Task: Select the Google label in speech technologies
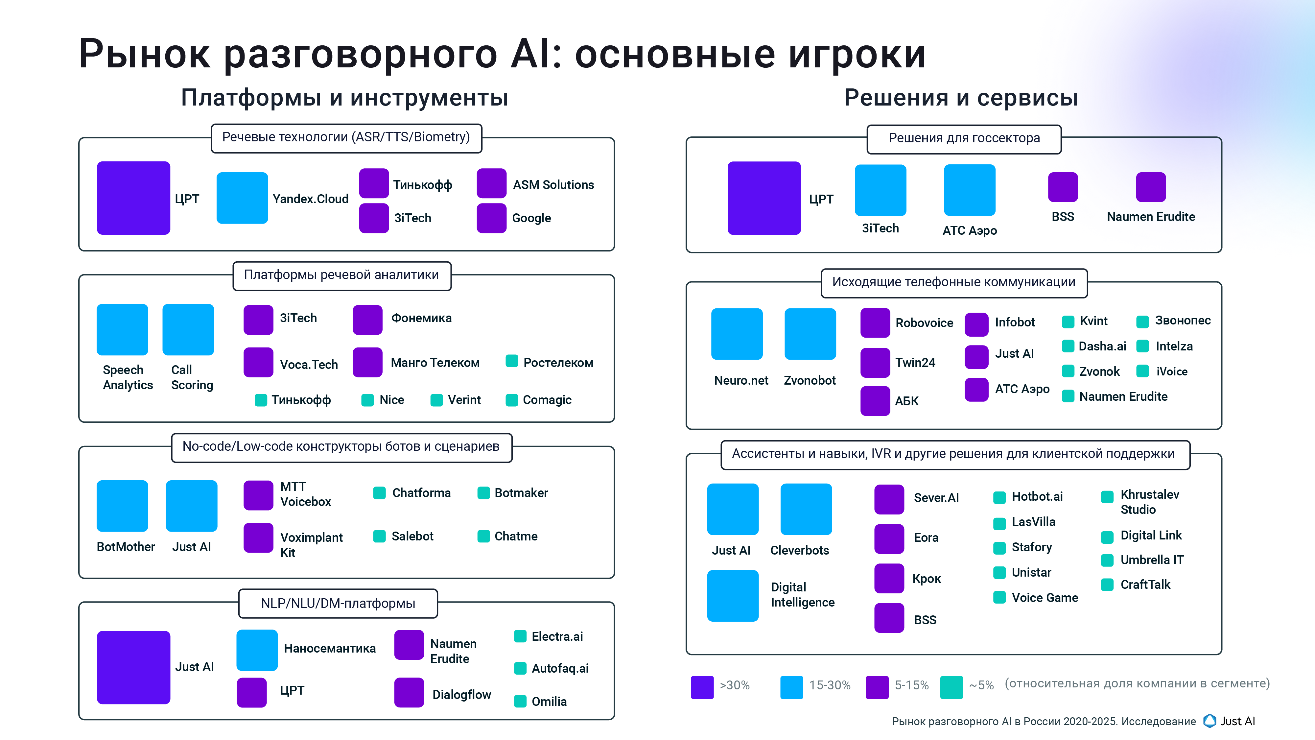click(531, 218)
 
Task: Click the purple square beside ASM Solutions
click(491, 183)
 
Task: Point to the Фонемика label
click(421, 318)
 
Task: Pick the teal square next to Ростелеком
click(511, 361)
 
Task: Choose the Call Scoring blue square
click(188, 329)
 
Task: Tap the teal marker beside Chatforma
click(379, 493)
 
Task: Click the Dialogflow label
click(461, 695)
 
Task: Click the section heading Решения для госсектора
click(964, 138)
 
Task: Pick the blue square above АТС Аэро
click(969, 190)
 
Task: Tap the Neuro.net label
click(741, 380)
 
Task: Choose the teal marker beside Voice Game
click(999, 597)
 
